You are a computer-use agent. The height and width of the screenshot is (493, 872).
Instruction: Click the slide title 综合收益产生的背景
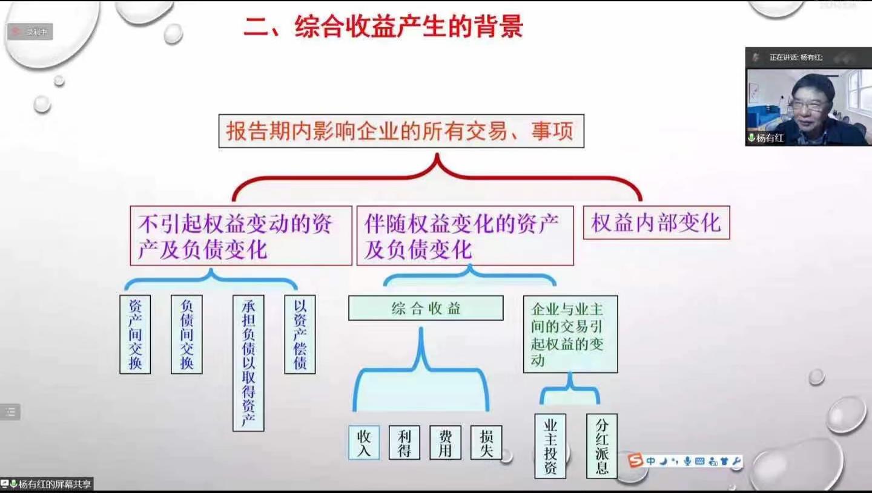point(383,27)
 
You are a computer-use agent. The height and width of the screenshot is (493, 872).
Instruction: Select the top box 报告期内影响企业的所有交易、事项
point(401,131)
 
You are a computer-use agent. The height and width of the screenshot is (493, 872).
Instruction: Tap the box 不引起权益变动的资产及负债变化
point(240,236)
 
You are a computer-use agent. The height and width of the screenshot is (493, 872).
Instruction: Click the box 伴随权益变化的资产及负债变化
point(464,236)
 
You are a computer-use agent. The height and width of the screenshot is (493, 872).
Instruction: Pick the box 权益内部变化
point(656,223)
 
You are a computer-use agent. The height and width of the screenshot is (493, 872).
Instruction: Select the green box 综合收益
point(426,309)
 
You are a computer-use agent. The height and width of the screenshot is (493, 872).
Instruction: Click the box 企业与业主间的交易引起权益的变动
point(570,335)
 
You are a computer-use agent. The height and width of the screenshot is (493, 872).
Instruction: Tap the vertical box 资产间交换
point(135,335)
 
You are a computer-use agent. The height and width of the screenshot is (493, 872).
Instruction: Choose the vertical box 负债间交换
point(187,335)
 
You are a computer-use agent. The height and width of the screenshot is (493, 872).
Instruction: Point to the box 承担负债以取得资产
point(248,363)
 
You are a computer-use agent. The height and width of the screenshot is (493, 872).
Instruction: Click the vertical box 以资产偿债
point(300,335)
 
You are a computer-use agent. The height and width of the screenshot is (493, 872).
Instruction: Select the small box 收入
point(364,443)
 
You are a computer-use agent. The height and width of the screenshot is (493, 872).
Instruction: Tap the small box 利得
point(404,443)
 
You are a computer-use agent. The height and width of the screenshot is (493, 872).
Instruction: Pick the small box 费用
point(445,443)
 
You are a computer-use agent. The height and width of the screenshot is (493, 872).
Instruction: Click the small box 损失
point(486,443)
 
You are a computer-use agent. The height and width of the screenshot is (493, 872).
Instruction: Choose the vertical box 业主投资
point(550,446)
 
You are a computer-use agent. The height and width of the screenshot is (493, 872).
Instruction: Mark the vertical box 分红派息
point(602,446)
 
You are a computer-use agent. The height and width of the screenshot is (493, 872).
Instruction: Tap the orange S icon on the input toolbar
point(635,461)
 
